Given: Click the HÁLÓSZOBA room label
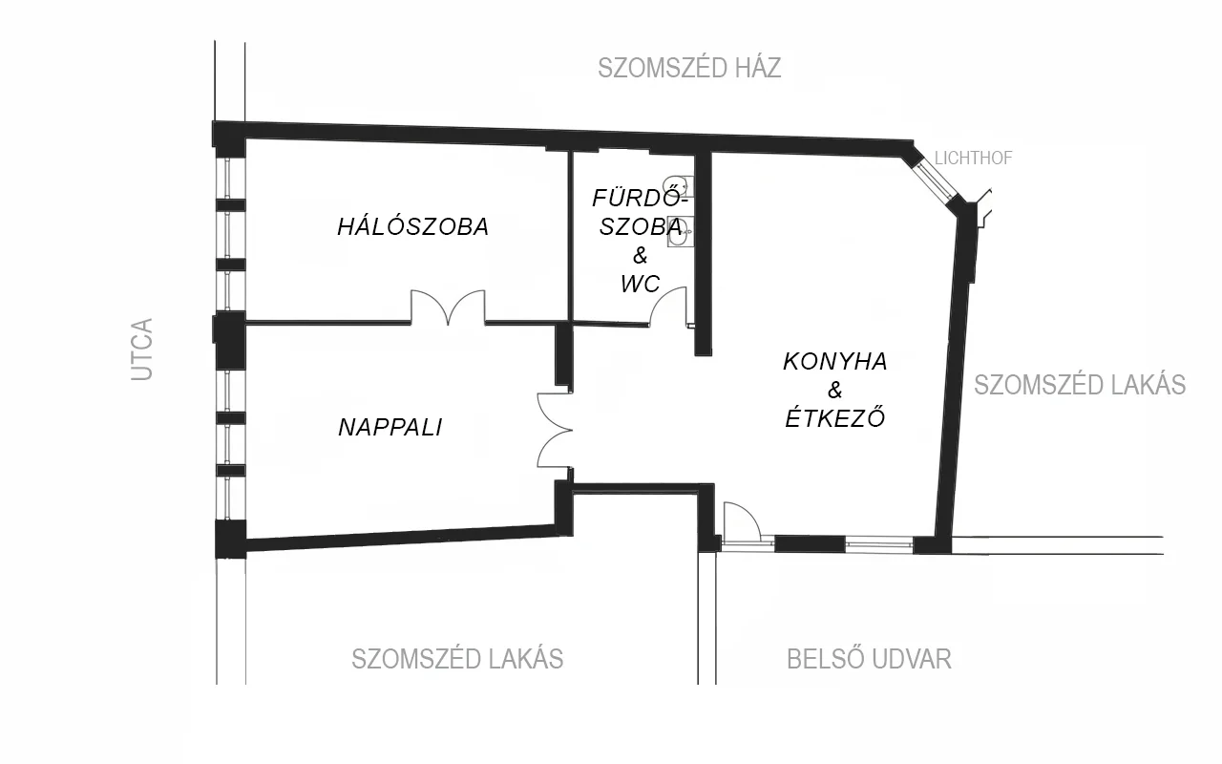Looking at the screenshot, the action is tap(413, 226).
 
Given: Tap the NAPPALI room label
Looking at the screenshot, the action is tap(390, 427).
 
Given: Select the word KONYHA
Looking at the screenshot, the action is tap(835, 362).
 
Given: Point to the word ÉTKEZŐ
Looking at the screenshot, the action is tap(835, 417).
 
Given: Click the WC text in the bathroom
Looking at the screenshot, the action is tap(640, 284).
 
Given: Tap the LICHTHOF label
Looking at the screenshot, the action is tap(973, 159).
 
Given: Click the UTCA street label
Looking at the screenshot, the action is tap(142, 350).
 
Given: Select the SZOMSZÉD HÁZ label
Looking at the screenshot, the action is tap(689, 68).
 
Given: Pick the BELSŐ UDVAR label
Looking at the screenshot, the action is tap(869, 659).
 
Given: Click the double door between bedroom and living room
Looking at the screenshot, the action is tap(448, 308).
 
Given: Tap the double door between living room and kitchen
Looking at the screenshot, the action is tap(555, 430).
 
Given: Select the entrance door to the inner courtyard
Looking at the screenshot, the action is tap(741, 521).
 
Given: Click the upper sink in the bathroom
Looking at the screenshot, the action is tap(679, 186).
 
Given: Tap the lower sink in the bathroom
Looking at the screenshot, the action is tap(680, 232).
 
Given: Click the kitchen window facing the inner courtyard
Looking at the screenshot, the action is tap(879, 543).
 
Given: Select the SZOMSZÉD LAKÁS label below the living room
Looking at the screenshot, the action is tap(457, 659).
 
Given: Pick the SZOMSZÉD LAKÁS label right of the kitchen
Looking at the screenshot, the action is tap(1080, 385).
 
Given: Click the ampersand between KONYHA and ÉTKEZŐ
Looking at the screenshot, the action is tap(835, 391).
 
